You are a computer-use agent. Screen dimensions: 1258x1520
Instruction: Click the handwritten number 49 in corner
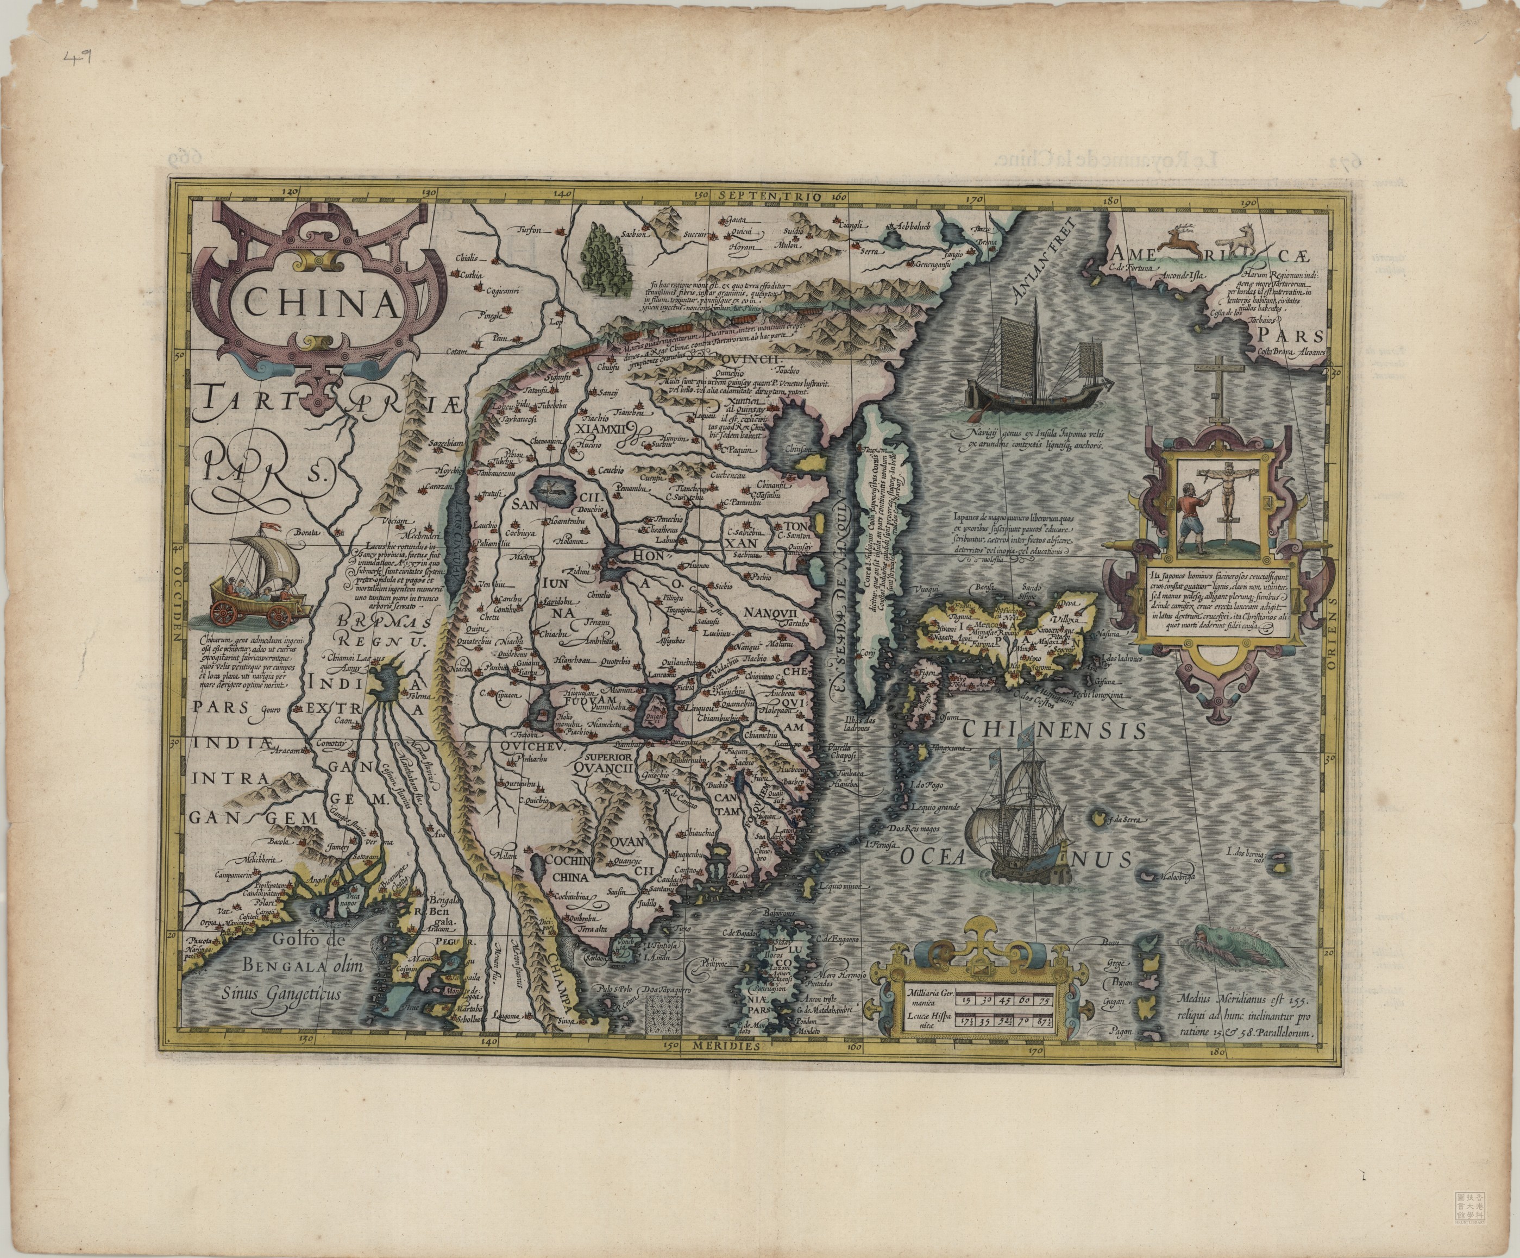(78, 58)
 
